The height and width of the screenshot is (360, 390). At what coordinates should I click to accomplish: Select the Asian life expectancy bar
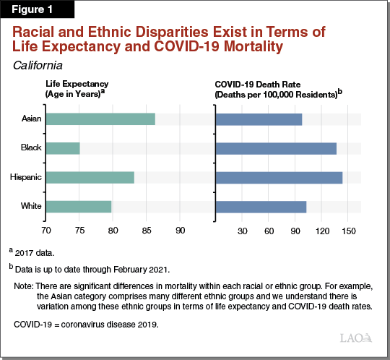[100, 119]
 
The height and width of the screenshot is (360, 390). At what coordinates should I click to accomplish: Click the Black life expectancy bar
[63, 148]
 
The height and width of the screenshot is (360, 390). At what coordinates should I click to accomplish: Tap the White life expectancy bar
[79, 207]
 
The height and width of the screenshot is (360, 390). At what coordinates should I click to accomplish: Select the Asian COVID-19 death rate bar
[259, 119]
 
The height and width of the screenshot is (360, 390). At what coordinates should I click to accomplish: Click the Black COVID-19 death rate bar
[276, 148]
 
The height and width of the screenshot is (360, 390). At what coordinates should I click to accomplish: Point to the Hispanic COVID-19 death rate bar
[279, 177]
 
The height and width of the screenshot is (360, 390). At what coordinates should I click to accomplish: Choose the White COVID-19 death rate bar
[261, 207]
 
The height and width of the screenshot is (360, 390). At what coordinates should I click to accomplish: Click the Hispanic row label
[25, 177]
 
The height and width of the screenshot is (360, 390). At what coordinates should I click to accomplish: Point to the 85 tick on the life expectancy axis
[147, 231]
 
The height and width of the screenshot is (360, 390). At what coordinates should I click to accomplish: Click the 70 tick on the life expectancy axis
[45, 231]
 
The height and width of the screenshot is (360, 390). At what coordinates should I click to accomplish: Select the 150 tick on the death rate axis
[349, 231]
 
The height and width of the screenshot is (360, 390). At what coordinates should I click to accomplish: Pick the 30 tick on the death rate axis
[243, 231]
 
